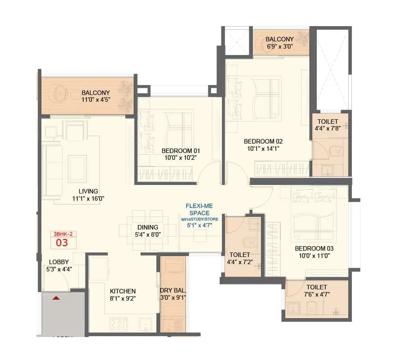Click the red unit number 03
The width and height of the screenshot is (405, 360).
click(62, 243)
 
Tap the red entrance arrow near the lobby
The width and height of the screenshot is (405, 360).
click(56, 298)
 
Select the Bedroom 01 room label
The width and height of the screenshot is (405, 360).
click(181, 151)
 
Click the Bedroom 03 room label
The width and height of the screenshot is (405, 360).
click(314, 248)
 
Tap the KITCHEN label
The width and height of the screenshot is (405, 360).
click(123, 291)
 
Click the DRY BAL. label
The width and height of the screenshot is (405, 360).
click(173, 289)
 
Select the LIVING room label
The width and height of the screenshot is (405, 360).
click(88, 191)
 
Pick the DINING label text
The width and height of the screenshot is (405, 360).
click(148, 227)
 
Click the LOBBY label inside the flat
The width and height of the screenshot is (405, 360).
click(58, 262)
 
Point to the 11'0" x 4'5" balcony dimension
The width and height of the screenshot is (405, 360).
click(95, 100)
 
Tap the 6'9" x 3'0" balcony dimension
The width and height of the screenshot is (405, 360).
click(279, 46)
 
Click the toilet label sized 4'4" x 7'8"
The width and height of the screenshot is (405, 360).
click(329, 121)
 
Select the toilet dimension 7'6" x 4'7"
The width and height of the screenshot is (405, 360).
click(317, 295)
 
